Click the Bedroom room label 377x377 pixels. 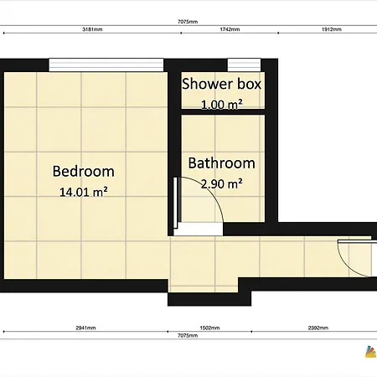[84, 171]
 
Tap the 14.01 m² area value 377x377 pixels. [84, 192]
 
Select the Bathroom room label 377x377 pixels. [222, 163]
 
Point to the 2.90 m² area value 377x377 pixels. [222, 183]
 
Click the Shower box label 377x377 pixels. [222, 84]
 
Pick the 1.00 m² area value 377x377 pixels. [222, 105]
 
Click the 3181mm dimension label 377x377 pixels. [92, 29]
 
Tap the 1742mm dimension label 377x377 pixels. [230, 29]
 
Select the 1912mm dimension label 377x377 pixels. [332, 29]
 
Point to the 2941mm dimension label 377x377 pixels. [85, 328]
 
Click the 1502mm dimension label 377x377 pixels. [209, 328]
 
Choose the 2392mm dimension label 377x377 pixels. [318, 328]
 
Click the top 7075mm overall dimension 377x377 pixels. [188, 22]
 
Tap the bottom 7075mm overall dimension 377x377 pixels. [188, 335]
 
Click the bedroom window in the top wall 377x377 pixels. [106, 65]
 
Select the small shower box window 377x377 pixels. [244, 65]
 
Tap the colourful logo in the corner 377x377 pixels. [371, 352]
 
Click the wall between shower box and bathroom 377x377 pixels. [223, 112]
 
